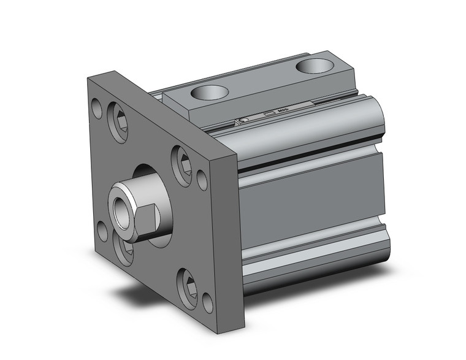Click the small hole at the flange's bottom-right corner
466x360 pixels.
pos(207,302)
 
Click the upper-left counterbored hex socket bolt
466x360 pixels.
pos(118,122)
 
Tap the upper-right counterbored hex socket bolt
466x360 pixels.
pos(182,165)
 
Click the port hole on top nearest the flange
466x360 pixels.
pos(209,93)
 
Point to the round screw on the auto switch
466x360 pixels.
pos(244,121)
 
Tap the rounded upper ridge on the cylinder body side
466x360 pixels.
pos(307,132)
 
